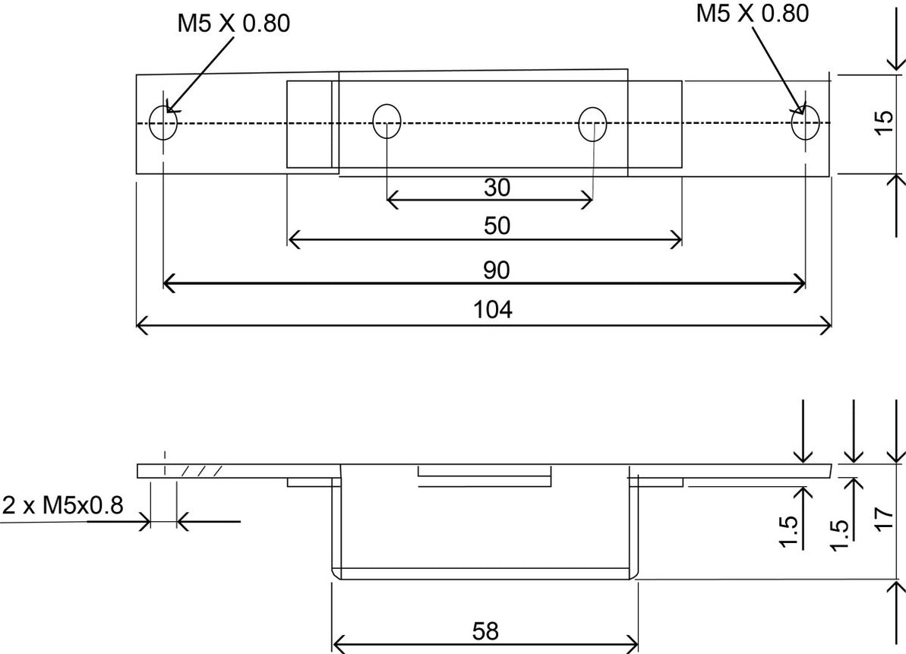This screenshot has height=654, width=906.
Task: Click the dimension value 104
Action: (x=494, y=310)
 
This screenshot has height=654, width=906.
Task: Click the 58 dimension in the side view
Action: (x=485, y=632)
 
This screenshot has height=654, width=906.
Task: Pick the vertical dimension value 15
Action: (x=883, y=123)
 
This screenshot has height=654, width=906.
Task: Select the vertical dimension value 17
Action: (x=883, y=522)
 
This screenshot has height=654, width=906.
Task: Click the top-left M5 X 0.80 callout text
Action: (x=234, y=24)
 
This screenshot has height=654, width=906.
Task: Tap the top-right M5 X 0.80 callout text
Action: (x=753, y=13)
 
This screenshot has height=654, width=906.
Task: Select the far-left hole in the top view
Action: (x=163, y=123)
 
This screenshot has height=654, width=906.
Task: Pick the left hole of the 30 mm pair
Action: (x=387, y=122)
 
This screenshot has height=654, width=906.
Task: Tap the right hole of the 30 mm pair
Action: (x=592, y=123)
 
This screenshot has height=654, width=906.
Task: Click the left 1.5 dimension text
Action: (x=789, y=531)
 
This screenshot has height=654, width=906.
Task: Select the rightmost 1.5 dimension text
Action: (x=840, y=536)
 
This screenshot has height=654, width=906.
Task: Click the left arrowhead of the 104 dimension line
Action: (x=140, y=327)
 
